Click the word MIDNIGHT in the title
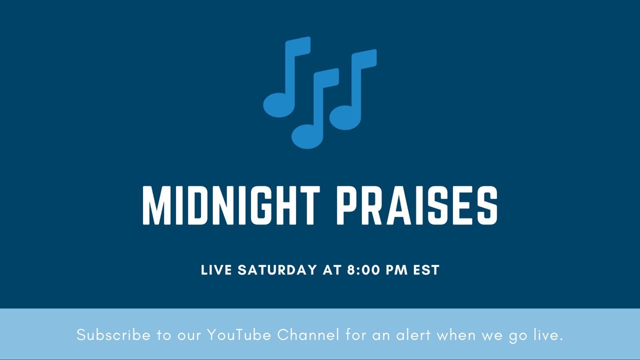pos(231,205)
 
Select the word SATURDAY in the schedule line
pos(277,270)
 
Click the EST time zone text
pos(426,270)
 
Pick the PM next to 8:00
pos(397,270)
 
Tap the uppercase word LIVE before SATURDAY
pos(216,270)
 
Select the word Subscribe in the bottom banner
pos(113,335)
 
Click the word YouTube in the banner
pos(239,335)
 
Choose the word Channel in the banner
pos(308,335)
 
